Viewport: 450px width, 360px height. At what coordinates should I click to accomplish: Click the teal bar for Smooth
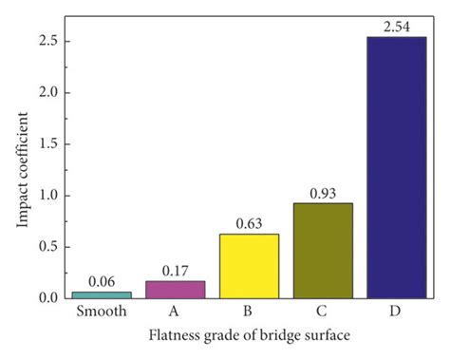[102, 294]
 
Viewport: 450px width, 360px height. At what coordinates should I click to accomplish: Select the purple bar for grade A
[175, 289]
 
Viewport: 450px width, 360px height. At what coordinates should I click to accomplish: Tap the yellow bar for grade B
[248, 266]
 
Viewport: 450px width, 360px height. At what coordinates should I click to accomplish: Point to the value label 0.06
[102, 281]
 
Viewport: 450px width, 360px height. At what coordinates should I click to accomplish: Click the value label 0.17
[175, 271]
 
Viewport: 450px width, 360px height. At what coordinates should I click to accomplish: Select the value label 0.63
[248, 224]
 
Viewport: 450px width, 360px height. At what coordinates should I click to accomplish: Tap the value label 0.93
[321, 193]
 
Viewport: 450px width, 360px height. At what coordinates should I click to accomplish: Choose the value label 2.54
[394, 27]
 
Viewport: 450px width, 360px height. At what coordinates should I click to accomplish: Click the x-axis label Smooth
[102, 312]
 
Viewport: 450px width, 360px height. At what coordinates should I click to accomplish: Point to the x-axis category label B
[248, 312]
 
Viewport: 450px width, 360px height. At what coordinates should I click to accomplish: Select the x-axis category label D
[394, 312]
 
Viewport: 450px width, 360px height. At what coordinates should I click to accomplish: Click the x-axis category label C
[321, 312]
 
